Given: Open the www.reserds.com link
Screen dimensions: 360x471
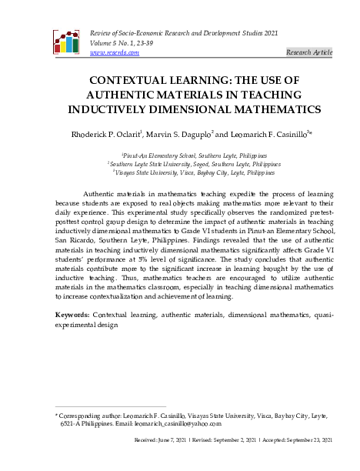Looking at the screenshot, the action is point(114,52).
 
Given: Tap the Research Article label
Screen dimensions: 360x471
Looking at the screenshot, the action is point(308,52).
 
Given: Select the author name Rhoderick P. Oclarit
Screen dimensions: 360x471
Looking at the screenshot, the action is point(121,135).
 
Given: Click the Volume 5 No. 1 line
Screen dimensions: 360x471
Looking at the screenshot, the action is point(120,43).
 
